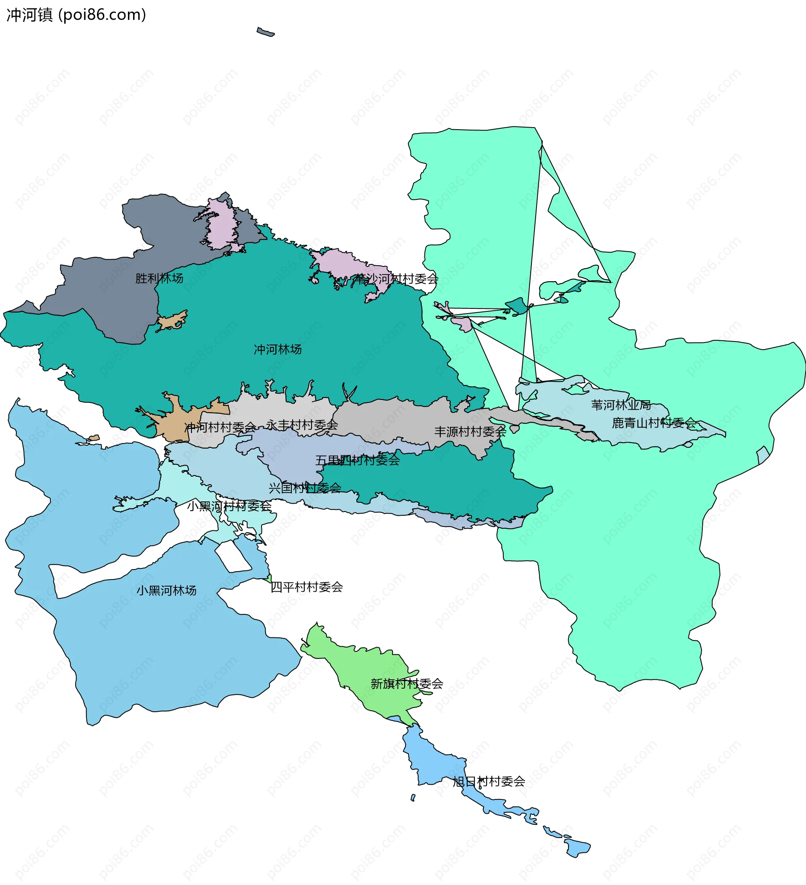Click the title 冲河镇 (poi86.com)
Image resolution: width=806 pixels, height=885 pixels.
pos(76,15)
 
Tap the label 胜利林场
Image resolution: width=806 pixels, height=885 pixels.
pos(159,278)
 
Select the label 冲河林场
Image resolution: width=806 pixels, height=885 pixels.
pos(277,350)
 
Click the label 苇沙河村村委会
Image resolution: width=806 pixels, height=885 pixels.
pos(396,279)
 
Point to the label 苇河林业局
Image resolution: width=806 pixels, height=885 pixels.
pos(620,405)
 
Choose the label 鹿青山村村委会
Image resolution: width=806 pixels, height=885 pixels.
pos(654,423)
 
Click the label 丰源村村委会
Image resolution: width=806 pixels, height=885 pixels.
pos(471,431)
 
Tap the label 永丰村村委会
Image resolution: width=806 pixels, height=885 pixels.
pos(302,425)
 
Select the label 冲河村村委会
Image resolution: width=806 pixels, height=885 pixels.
pos(220,428)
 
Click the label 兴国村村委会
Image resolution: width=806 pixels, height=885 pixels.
pos(305,488)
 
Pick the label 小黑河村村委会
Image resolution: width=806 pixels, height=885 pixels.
pos(229,506)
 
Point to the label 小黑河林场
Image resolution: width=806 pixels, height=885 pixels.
pos(166,590)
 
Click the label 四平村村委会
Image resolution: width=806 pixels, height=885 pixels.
pos(306,587)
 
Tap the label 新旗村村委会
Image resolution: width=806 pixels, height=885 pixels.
pos(407,684)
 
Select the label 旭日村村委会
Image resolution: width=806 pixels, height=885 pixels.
pos(489,781)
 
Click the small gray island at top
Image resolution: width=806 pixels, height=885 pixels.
pos(265,32)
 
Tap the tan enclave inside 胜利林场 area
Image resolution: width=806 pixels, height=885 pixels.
pos(172,321)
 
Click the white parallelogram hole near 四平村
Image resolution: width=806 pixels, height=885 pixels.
pos(233,556)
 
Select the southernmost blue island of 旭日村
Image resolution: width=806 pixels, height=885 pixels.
pos(576,847)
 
